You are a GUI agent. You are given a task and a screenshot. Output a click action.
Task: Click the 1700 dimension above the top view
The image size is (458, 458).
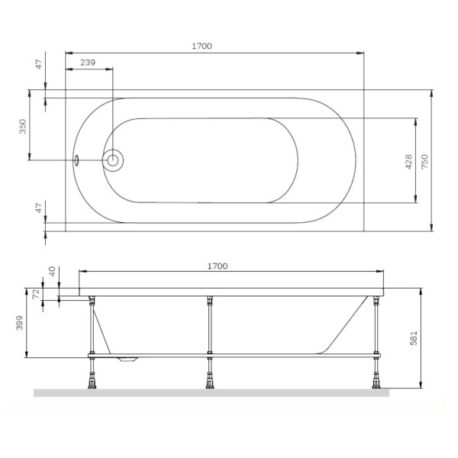pos(202,46)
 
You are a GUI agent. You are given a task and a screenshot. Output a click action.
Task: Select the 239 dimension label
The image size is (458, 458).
pos(89,63)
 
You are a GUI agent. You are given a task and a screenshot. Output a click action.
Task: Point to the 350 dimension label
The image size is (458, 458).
pos(23,126)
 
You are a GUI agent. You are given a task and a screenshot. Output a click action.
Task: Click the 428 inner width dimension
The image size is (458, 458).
pos(408,162)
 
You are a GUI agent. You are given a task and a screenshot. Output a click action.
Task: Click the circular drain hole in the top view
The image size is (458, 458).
pos(113,160)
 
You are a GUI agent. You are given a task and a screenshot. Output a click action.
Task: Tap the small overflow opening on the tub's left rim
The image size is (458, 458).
pos(76,160)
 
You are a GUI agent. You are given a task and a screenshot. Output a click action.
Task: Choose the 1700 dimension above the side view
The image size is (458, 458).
pos(218,266)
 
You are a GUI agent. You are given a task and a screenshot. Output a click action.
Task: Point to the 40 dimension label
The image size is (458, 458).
pos(52,271)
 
